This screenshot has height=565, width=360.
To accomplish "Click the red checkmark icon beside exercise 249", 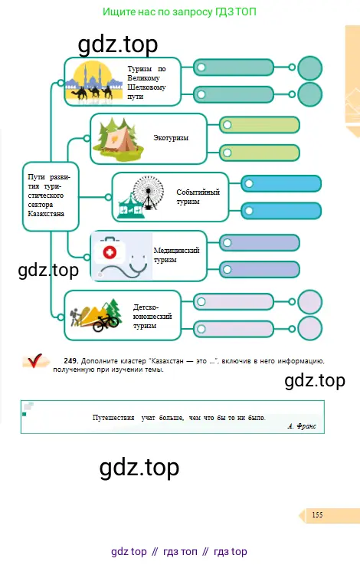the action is point(34,360).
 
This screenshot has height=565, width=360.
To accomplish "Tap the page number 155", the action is point(317,515).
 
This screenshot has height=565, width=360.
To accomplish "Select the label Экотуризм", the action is point(171,138).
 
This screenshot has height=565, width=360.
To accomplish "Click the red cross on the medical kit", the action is point(110,252).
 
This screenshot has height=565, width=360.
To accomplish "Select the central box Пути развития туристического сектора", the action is point(51,196).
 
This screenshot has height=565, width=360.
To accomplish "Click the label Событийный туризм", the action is point(198,197).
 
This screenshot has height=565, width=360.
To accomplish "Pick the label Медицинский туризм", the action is point(176,255).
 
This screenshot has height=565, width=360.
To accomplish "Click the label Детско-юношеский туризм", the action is point(152,317).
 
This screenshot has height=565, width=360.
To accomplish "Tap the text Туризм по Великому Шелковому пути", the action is point(146,83).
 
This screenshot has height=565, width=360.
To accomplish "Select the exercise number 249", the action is point(70,360).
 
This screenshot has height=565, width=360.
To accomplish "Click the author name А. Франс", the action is point(302,426).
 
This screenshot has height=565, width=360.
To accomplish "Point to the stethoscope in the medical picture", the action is point(124,267).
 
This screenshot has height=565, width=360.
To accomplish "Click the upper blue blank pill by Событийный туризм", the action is point(281,184).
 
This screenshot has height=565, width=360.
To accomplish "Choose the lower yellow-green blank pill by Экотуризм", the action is point(259,153).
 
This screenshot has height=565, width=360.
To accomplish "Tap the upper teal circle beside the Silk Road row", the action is point(310,68).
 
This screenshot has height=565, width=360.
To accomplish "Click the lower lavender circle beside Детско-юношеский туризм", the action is point(310,329).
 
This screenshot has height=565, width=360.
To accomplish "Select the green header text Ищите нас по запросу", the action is point(158,12).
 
